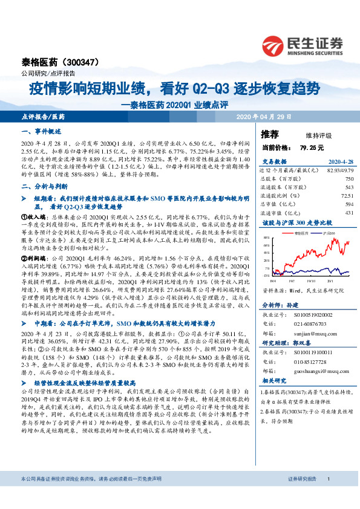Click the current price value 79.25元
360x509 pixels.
[x=312, y=147]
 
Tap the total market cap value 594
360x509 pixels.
[x=349, y=204]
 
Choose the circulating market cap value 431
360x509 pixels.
[x=349, y=212]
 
